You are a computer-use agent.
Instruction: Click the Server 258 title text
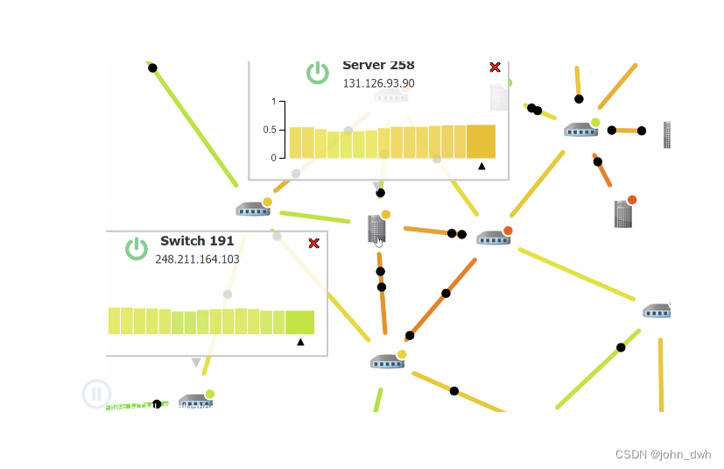click(378, 66)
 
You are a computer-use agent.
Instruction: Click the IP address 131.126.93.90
click(378, 83)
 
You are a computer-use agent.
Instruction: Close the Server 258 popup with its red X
click(495, 68)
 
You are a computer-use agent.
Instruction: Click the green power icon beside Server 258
click(318, 73)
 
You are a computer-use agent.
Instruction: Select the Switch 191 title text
click(196, 241)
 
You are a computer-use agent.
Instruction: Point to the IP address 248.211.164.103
click(197, 259)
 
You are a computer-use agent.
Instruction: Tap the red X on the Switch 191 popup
click(314, 243)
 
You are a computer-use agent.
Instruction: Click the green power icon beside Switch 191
click(136, 249)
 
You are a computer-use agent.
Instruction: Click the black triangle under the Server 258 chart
click(481, 166)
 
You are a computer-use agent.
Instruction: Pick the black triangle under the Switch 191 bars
click(300, 342)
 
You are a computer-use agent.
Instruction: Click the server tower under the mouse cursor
click(376, 229)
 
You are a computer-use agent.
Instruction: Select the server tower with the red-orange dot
click(623, 213)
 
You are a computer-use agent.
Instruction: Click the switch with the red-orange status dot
click(493, 237)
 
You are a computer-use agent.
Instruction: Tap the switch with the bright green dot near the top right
click(580, 130)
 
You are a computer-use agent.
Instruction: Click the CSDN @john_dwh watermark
click(663, 454)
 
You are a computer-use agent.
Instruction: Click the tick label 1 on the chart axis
click(274, 102)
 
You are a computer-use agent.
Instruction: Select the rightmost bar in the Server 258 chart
click(481, 140)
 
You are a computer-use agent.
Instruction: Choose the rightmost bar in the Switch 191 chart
click(299, 322)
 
